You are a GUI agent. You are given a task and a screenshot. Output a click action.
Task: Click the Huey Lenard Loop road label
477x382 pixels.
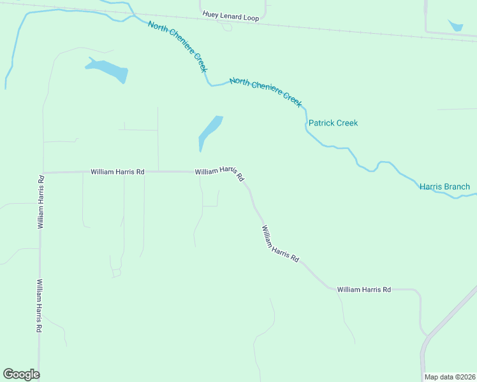point(231,18)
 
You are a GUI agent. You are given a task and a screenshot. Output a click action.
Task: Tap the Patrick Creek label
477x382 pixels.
point(333,123)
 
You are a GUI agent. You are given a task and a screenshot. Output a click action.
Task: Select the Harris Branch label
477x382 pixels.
point(444,187)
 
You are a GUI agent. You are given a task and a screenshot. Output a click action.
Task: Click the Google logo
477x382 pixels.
point(21,374)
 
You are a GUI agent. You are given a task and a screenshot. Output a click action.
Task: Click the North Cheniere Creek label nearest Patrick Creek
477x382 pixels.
point(265,90)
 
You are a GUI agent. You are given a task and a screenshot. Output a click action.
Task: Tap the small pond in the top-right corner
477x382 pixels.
point(456,26)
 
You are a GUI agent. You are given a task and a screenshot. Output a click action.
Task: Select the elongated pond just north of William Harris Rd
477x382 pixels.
point(210,132)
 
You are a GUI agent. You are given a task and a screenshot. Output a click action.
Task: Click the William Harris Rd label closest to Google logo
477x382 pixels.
point(39,306)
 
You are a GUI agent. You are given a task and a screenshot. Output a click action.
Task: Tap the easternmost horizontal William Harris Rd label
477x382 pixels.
point(363,289)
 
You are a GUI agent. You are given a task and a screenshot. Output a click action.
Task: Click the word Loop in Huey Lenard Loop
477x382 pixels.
point(251,18)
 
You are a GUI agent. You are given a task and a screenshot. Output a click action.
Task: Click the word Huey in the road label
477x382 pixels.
point(210,14)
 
